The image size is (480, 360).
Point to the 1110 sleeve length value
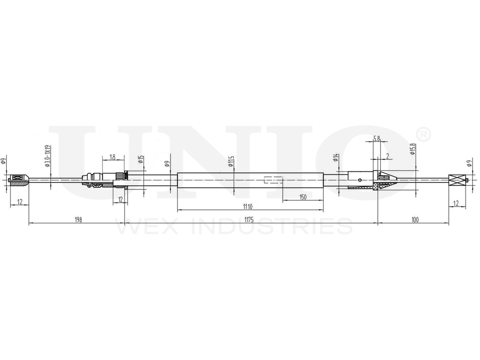[x=247, y=207]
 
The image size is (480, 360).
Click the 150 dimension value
[x=302, y=197]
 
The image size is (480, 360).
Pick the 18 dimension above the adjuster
[x=112, y=157]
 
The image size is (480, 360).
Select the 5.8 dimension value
[x=377, y=139]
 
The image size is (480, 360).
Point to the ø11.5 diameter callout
[x=231, y=161]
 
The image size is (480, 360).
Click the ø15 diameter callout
[x=140, y=160]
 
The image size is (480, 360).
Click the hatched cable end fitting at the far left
[x=19, y=180]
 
